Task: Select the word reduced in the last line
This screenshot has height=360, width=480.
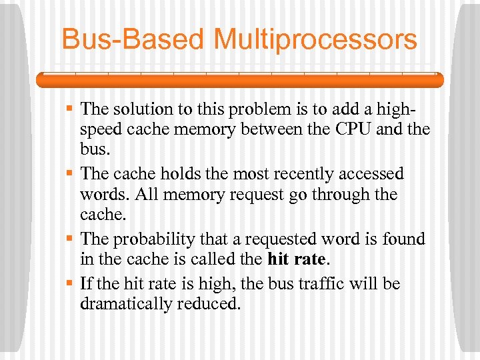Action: (x=211, y=305)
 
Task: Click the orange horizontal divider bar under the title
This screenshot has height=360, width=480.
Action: (x=240, y=80)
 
